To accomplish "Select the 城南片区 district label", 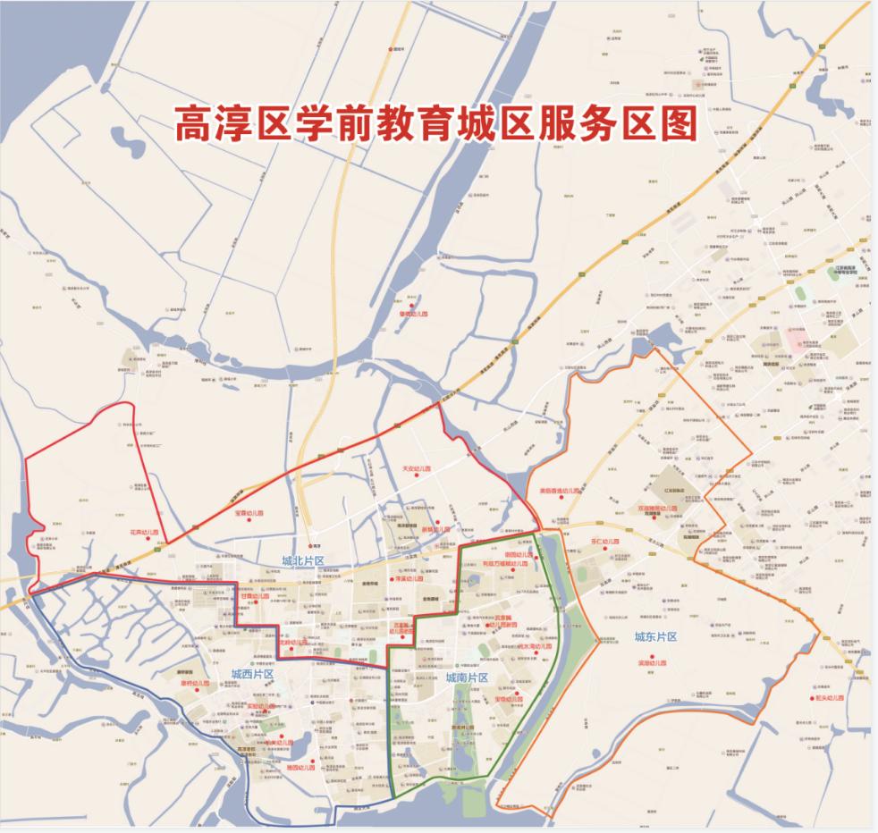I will pos(466,677).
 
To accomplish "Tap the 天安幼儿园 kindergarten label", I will pos(416,467).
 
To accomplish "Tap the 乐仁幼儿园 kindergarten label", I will pos(604,542).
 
